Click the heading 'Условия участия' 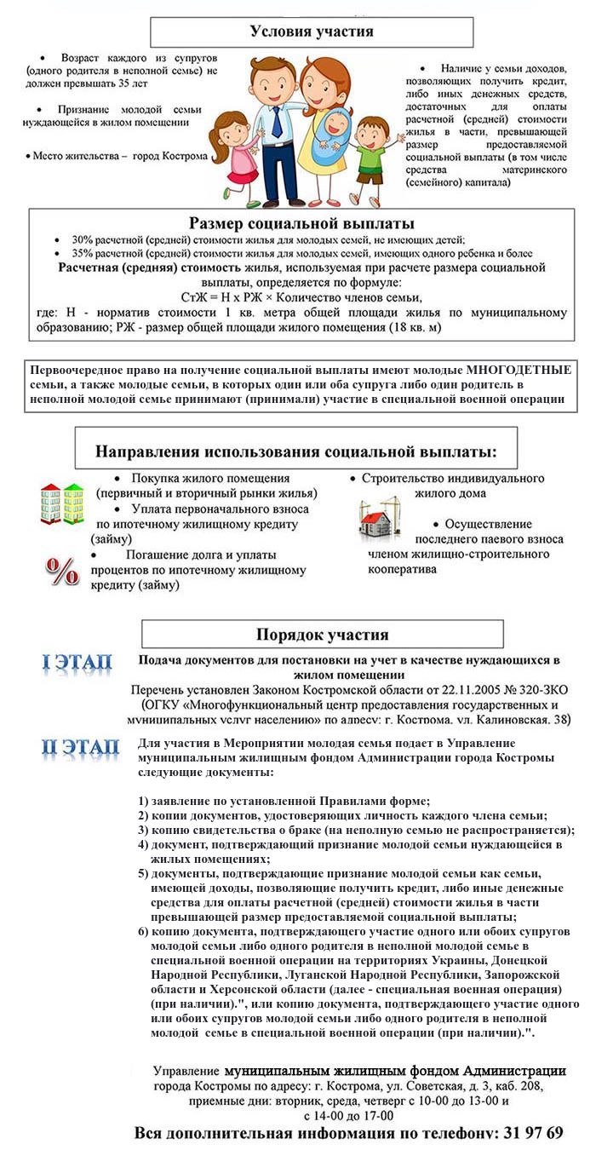pos(312,32)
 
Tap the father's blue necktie pos(277,124)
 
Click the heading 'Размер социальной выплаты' pos(302,224)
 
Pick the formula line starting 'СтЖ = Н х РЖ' pos(302,297)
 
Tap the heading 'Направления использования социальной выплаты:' pos(296,451)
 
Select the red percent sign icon pos(62,572)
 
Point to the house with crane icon pos(379,517)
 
